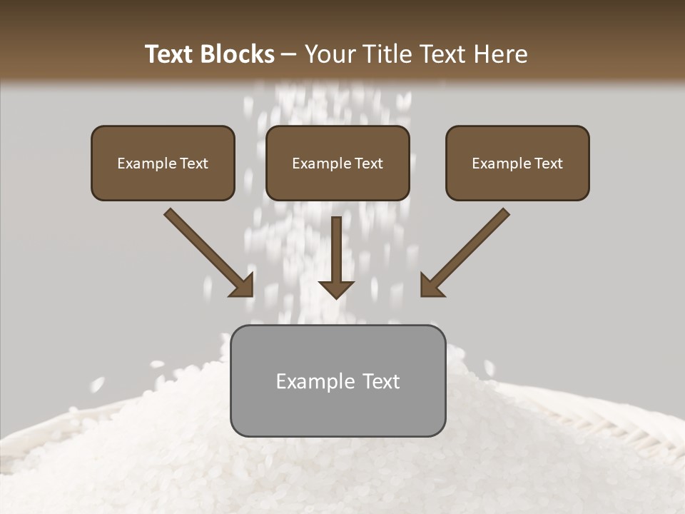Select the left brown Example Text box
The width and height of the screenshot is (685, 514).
pos(163,163)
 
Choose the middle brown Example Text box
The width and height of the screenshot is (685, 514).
pos(338,163)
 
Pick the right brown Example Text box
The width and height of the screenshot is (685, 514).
pos(517,163)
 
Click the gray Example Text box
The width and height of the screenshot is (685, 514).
pos(338,381)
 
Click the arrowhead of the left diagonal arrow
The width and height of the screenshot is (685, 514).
pos(243,285)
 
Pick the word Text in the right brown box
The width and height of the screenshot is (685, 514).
pos(548,163)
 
